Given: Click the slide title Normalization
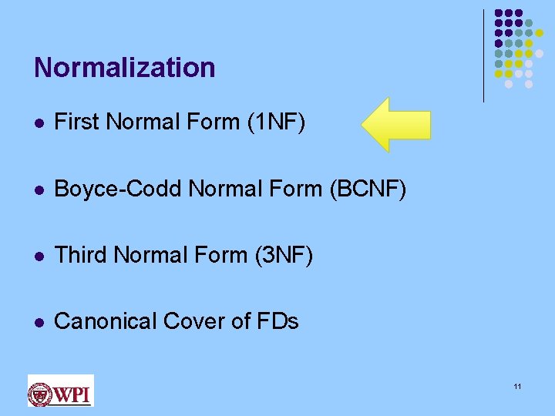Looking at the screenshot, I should coord(124,68).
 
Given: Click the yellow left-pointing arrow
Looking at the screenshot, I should coord(395,124).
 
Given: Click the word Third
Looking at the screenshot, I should coord(79,254).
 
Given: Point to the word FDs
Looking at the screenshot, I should coord(279,320).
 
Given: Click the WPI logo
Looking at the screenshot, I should coord(60,391).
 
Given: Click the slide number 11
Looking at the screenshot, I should coord(517,386).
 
